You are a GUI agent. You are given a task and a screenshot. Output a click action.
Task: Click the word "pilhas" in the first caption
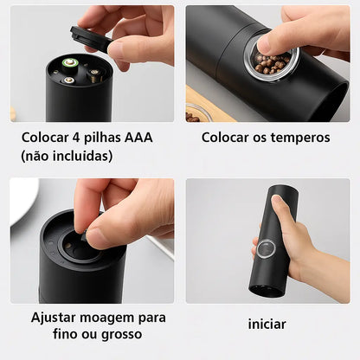102,138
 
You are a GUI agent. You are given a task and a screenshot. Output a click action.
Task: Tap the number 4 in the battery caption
76,138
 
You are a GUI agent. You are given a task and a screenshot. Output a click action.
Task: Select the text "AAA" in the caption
138,138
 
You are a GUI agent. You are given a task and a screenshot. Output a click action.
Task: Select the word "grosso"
122,335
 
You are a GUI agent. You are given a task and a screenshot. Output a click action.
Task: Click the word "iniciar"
267,324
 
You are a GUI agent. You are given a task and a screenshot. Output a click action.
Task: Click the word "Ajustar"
53,318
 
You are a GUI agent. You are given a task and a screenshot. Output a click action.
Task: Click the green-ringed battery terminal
69,62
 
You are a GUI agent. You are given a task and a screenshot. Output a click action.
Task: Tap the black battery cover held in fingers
90,39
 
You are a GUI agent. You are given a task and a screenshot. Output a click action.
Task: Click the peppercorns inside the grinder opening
272,63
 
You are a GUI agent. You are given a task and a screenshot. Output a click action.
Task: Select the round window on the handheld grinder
266,248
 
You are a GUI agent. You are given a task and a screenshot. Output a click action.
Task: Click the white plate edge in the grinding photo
22,200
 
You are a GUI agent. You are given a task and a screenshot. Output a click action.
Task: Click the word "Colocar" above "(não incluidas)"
45,138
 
